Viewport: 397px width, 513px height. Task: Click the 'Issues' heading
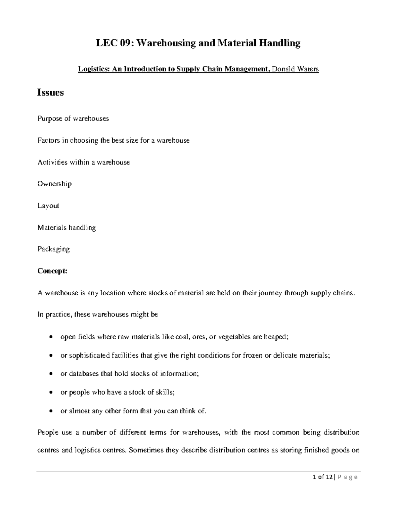click(50, 92)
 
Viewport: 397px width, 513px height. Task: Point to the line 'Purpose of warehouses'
click(73, 118)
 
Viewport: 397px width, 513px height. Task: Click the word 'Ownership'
click(54, 184)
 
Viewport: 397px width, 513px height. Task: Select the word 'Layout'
click(48, 205)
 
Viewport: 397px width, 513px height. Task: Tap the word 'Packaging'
click(54, 249)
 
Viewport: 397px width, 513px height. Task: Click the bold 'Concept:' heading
click(52, 271)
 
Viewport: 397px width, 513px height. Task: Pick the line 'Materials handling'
click(66, 228)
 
